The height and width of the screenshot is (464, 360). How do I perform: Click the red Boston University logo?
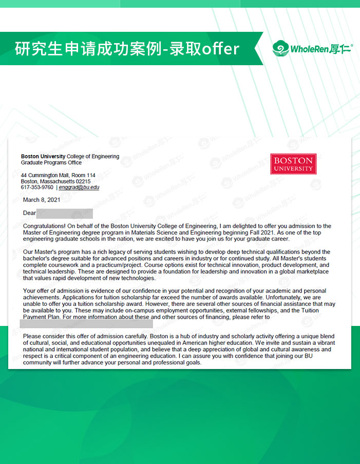point(293,164)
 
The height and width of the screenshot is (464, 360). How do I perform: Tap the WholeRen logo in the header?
point(313,49)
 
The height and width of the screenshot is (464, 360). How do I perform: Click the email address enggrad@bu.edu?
point(79,187)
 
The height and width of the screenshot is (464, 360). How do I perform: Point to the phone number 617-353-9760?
point(36,187)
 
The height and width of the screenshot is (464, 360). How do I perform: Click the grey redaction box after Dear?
point(65,213)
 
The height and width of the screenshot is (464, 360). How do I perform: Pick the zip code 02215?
point(83,181)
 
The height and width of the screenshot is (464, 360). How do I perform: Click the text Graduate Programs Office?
point(51,162)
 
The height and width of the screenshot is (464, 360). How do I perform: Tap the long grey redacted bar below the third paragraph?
point(86,323)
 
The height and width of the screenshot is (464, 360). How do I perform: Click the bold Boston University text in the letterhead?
point(43,156)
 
